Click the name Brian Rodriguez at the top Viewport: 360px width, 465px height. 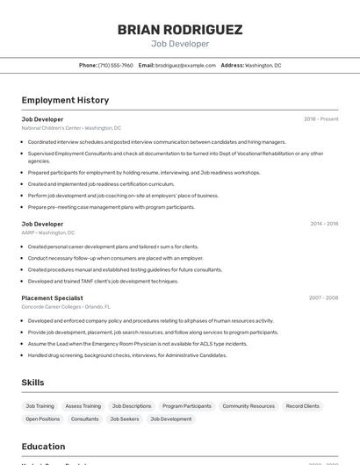(180, 30)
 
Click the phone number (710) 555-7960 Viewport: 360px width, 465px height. (116, 65)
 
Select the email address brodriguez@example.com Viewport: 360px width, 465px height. (185, 65)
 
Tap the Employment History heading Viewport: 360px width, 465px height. (65, 100)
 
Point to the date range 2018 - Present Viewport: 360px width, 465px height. (320, 118)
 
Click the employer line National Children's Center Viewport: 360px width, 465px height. (71, 128)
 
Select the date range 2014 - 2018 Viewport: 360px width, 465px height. (324, 224)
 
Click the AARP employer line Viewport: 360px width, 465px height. (48, 232)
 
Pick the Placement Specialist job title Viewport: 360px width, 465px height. (52, 297)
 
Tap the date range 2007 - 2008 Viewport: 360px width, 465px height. (323, 297)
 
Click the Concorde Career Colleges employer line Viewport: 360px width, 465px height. (66, 307)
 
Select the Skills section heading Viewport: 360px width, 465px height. (32, 383)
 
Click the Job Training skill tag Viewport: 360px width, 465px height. (40, 406)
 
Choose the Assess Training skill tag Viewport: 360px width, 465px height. (83, 406)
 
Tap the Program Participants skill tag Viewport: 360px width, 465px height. (187, 406)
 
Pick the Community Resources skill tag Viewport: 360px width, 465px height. (248, 406)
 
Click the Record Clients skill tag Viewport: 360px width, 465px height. (303, 406)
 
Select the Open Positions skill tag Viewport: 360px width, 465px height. (43, 419)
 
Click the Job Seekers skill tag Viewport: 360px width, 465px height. (124, 419)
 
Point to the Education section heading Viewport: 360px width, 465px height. (43, 447)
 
